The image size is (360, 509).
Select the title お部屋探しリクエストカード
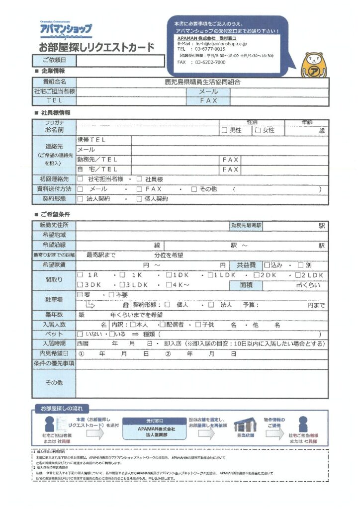point(96,48)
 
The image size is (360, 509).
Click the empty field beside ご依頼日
point(120,61)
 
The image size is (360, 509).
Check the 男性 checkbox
point(224,130)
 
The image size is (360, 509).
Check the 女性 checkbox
point(258,130)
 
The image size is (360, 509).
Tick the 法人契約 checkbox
point(80,199)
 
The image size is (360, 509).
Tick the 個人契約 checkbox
point(139,199)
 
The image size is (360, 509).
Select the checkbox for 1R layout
point(80,275)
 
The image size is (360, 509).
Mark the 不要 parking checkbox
point(111,295)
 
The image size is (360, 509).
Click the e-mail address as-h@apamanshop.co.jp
point(212,44)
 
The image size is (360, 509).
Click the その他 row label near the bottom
point(54,383)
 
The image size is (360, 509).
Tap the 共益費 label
point(246,265)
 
